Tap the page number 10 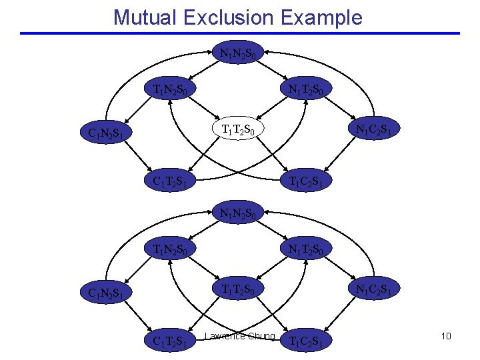pyautogui.click(x=445, y=336)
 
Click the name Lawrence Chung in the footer pyautogui.click(x=240, y=336)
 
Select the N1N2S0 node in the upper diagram pyautogui.click(x=240, y=51)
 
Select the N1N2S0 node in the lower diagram pyautogui.click(x=240, y=215)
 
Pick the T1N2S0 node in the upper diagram pyautogui.click(x=174, y=89)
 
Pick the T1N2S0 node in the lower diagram pyautogui.click(x=174, y=251)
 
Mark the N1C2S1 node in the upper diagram pyautogui.click(x=377, y=130)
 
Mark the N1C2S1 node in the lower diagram pyautogui.click(x=377, y=290)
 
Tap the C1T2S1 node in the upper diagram pyautogui.click(x=174, y=180)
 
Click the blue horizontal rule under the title pyautogui.click(x=240, y=33)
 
